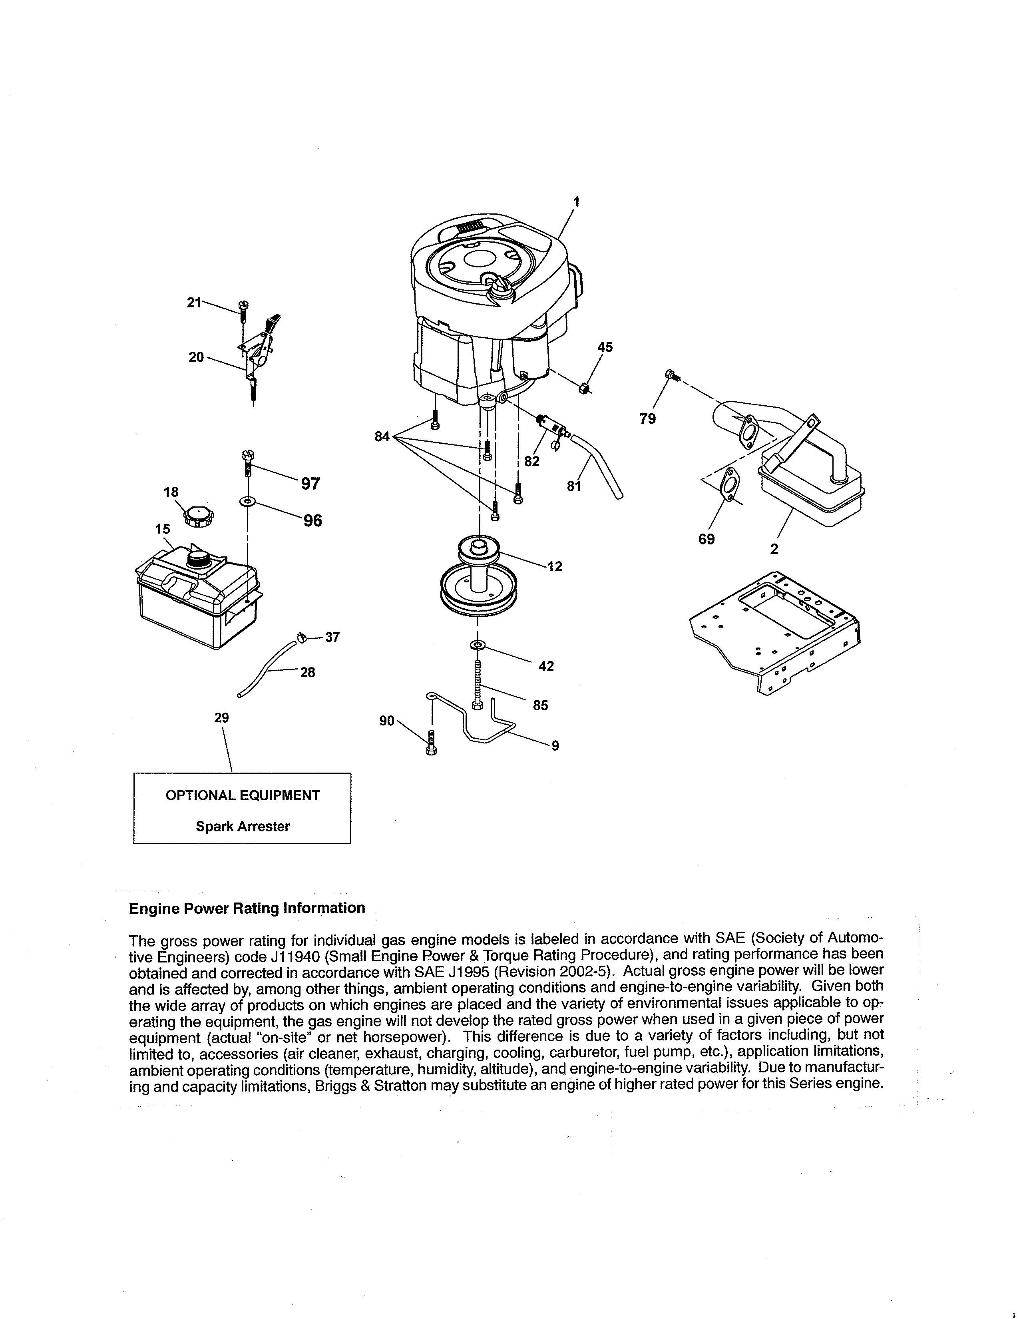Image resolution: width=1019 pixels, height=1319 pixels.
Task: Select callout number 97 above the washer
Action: pos(310,483)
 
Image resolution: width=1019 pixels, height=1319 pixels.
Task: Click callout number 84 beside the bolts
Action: pos(382,436)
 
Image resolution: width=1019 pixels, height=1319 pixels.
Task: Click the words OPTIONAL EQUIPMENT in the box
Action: pos(243,795)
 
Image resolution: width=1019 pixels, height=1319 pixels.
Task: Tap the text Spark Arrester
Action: pos(243,826)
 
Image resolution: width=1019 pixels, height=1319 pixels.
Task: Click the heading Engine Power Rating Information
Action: pos(247,908)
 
